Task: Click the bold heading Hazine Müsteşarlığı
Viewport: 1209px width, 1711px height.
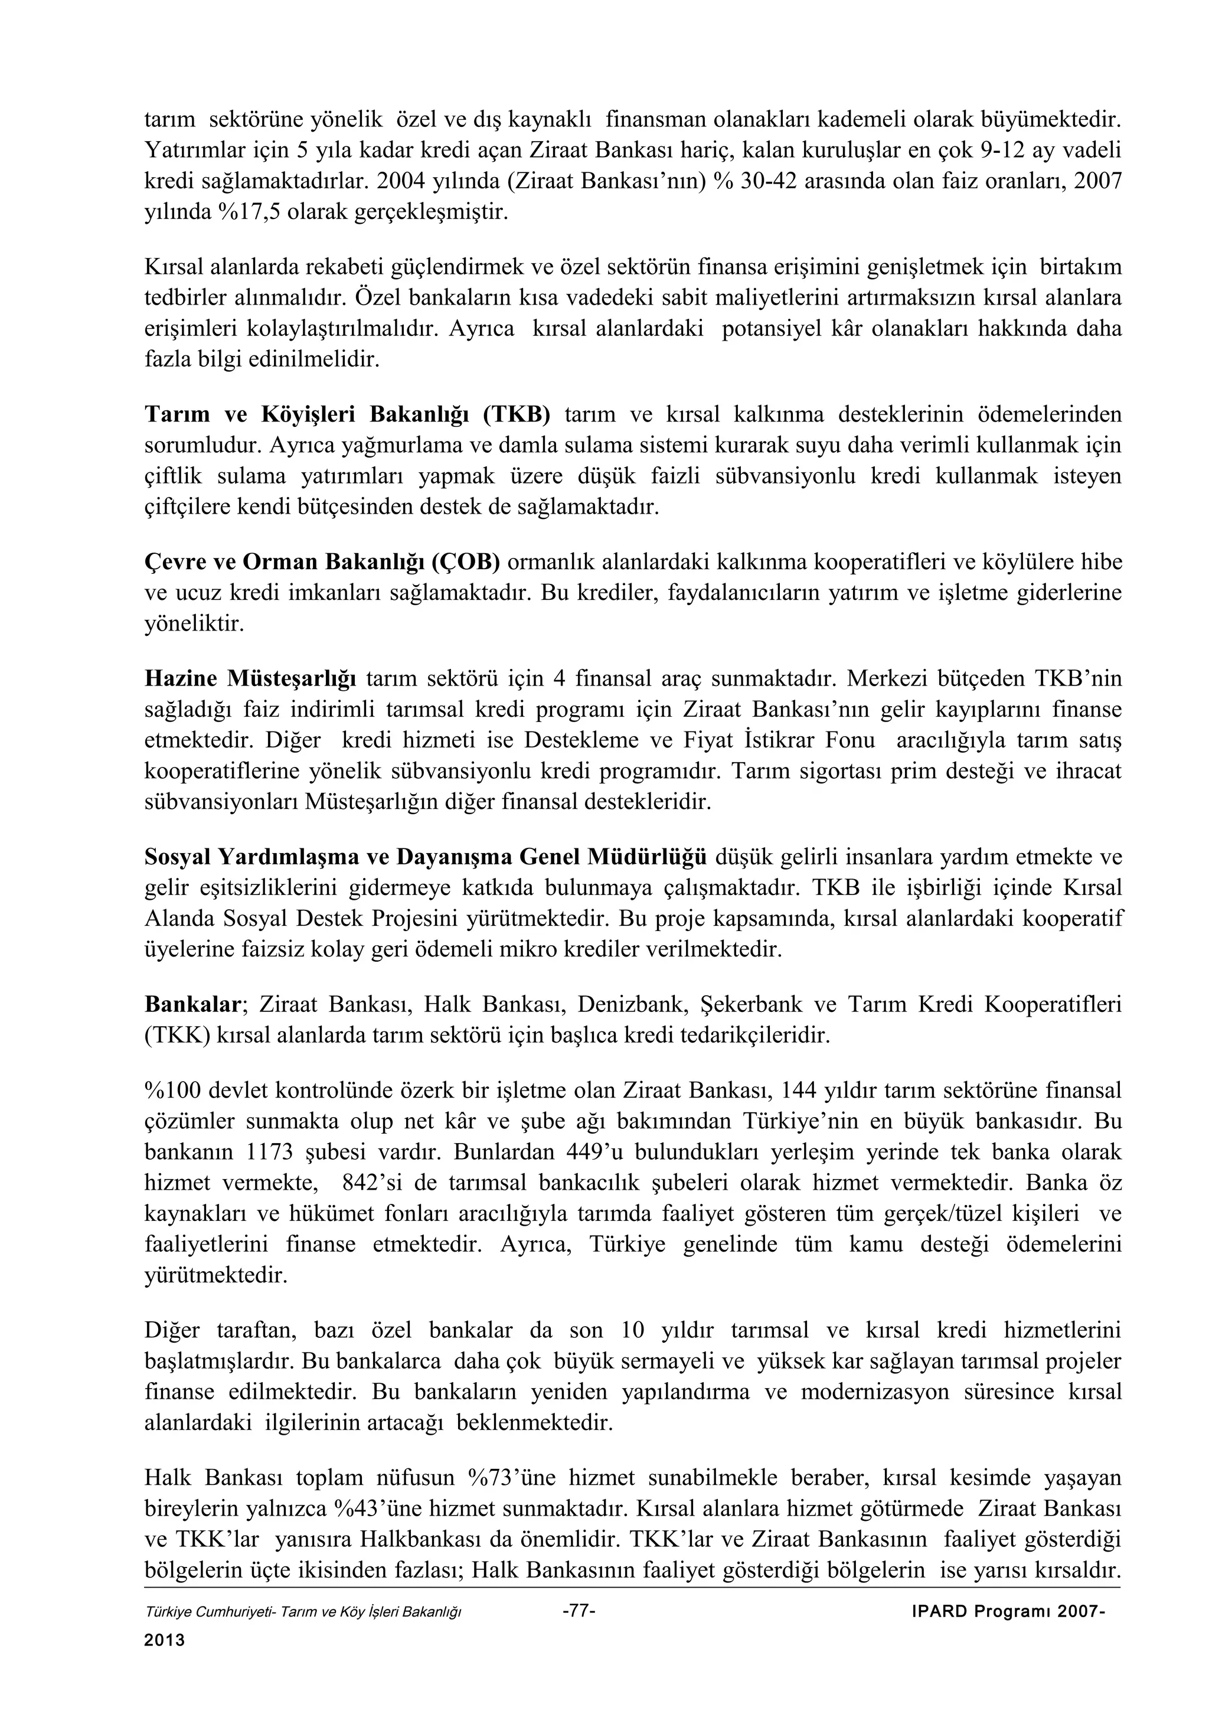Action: (x=250, y=679)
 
